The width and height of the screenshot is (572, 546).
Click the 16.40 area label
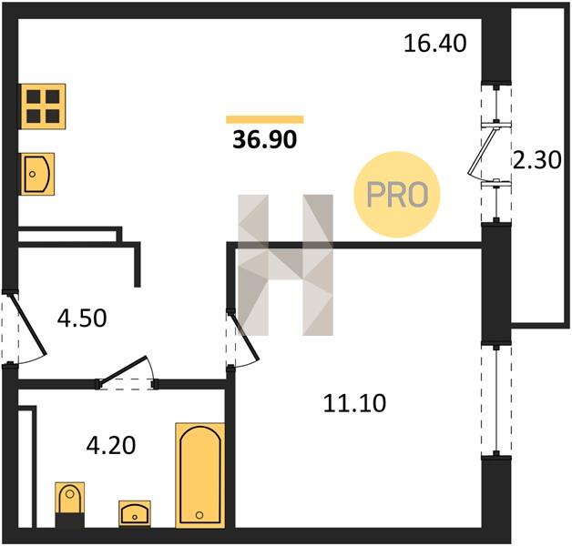point(434,44)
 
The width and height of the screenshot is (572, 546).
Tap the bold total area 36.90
point(265,139)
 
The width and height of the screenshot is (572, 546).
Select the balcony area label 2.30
point(537,160)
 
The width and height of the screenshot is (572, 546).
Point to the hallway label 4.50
point(82,318)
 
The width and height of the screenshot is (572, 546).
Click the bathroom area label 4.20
point(111,445)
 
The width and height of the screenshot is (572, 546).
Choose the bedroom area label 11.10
point(354,403)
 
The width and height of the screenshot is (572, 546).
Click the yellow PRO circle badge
point(397,195)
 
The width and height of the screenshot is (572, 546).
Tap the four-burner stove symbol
point(43,106)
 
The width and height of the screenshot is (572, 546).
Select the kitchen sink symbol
point(37,174)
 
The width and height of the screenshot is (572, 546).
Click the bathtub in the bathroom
point(199,475)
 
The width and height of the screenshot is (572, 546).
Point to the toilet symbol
point(69,504)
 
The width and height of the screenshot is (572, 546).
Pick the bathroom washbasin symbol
point(135,513)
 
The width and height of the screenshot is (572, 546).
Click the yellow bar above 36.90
point(265,119)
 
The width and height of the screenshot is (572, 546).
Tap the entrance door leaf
point(28,324)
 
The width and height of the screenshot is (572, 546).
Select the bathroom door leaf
point(123,369)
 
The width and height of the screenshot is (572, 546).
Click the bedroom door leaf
point(245,337)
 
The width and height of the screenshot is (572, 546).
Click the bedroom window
point(496,400)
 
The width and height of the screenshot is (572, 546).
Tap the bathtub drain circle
point(199,515)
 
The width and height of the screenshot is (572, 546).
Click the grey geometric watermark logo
point(285,265)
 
